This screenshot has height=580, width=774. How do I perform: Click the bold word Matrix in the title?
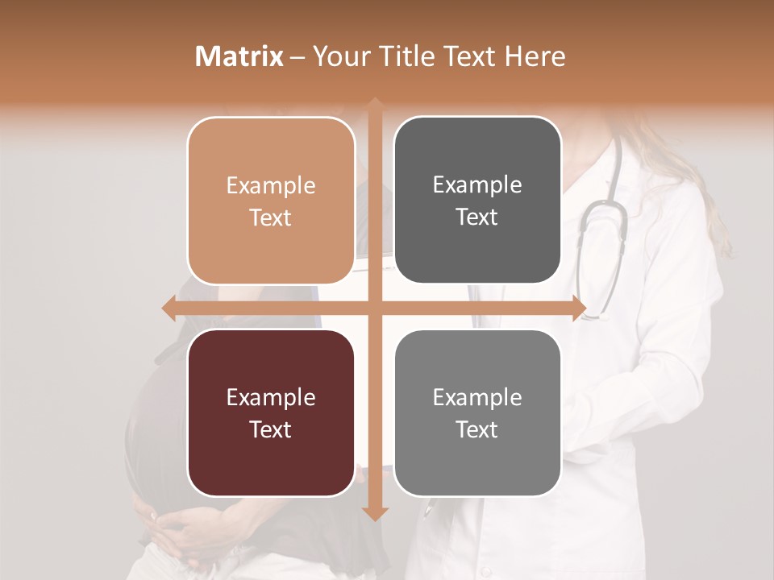point(239,56)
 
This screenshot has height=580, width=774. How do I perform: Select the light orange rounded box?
point(271,201)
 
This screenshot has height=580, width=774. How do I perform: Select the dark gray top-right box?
point(477,201)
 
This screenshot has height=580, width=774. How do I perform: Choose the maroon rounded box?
point(271,412)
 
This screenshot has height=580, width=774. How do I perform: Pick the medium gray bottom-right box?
point(477,412)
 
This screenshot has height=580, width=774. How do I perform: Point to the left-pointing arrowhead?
point(169,308)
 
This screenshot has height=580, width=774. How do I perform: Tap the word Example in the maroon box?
point(271,397)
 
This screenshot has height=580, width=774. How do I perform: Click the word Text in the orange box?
point(271,217)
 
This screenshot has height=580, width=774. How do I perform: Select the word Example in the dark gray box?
point(477,184)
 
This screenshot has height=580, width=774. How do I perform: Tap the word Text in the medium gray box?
point(477,429)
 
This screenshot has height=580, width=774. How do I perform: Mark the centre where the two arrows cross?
point(375,308)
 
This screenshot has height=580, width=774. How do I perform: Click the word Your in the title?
point(342,56)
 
